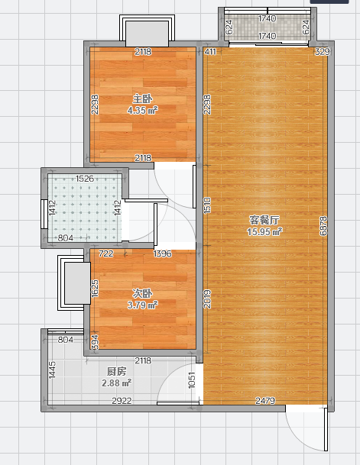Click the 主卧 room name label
(142, 99)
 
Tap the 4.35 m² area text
(142, 111)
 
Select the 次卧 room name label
(142, 294)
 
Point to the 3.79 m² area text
(142, 305)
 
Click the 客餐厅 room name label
(264, 221)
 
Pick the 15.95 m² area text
(264, 232)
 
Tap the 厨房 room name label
(117, 372)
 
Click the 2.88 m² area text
(117, 383)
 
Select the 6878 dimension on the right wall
(323, 226)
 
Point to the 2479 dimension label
(265, 401)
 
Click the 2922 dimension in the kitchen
(122, 401)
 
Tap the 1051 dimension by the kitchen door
(192, 380)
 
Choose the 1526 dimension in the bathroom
(85, 179)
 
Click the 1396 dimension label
(162, 253)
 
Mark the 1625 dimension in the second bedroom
(95, 289)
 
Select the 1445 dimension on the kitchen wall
(52, 370)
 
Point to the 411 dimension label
(210, 52)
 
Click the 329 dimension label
(322, 52)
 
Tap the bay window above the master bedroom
(148, 31)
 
